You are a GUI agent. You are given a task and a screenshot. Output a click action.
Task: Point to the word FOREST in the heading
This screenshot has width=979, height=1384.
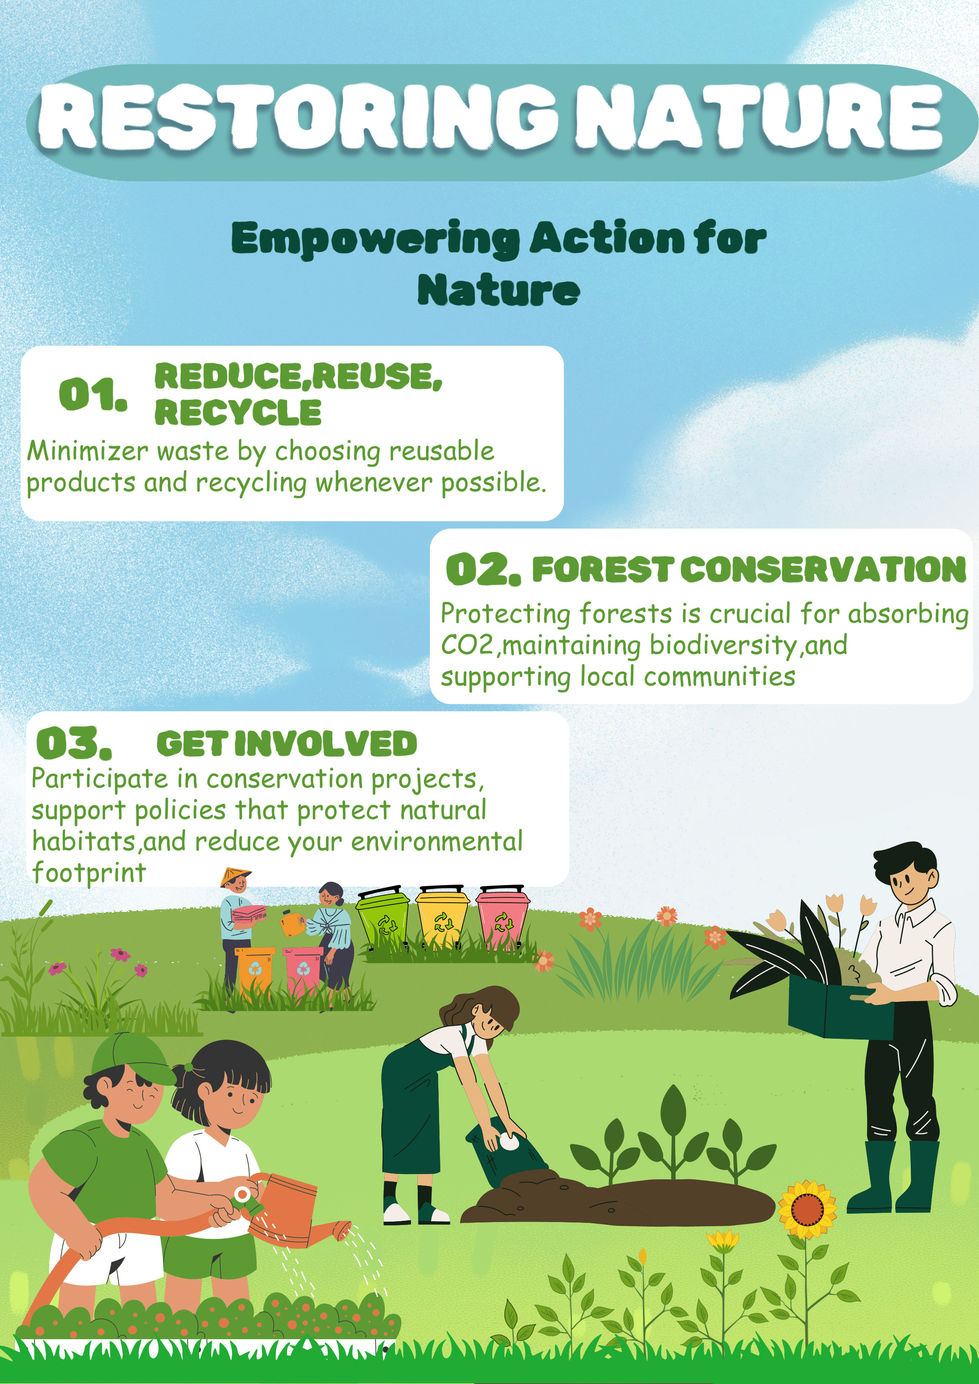coord(601,570)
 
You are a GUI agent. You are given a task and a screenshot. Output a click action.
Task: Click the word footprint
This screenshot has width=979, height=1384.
coord(89,873)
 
